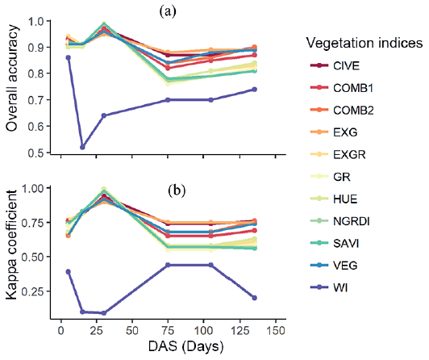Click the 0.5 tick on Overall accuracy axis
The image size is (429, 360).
point(36,152)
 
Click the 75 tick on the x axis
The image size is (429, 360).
point(168,331)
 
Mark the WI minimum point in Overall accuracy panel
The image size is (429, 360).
point(82,147)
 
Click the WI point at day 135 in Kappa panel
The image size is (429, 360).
point(254,298)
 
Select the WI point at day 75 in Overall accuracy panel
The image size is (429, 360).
point(168,100)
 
